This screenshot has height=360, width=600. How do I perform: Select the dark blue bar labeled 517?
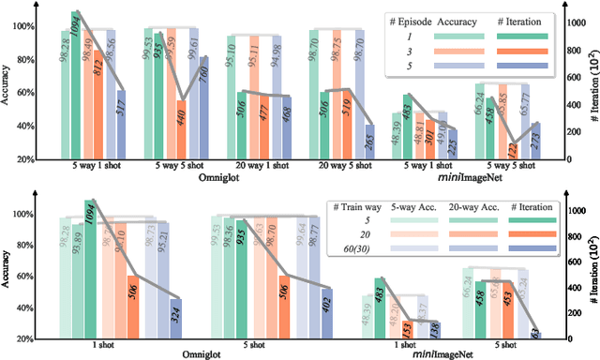coord(120,122)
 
